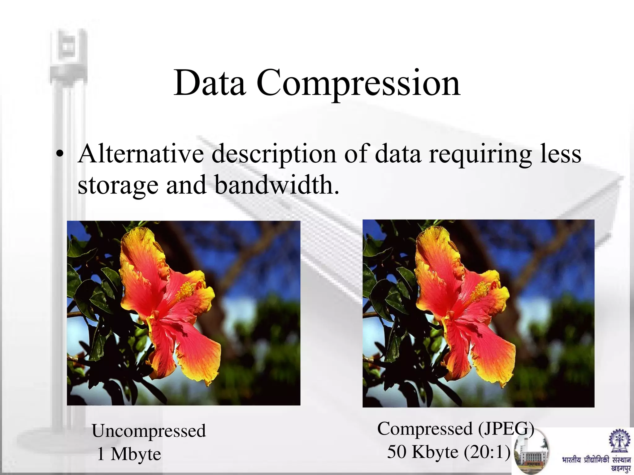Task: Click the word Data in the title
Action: [x=210, y=83]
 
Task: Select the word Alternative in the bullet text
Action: [x=141, y=154]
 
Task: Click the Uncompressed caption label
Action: [x=149, y=431]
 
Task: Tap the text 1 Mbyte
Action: [x=129, y=454]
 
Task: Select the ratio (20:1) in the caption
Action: [x=487, y=452]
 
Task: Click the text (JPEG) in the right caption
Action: [x=506, y=429]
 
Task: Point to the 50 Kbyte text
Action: [x=423, y=452]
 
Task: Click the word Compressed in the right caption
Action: [x=424, y=429]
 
